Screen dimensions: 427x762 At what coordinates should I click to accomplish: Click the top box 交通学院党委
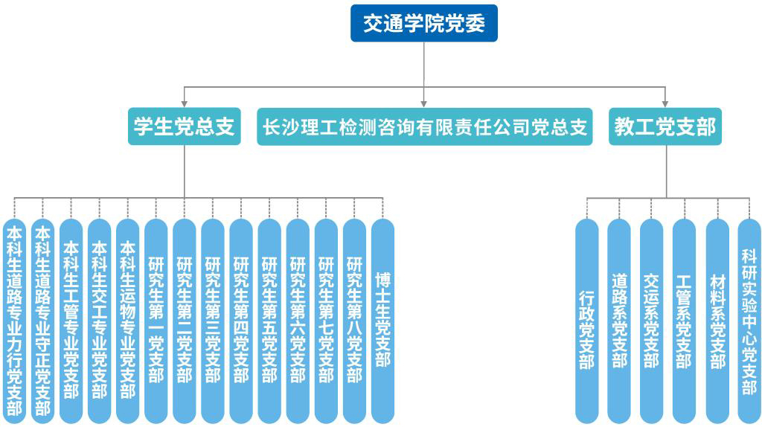click(423, 23)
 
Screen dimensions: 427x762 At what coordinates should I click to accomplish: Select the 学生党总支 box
click(185, 127)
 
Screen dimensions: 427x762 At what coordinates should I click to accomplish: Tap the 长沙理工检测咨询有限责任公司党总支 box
click(425, 127)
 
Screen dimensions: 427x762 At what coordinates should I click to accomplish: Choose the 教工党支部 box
click(665, 127)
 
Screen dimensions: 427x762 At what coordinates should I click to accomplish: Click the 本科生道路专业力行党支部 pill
click(14, 321)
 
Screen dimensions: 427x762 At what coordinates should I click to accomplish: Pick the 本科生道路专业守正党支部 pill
click(42, 321)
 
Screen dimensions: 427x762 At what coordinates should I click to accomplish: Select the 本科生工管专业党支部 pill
click(71, 321)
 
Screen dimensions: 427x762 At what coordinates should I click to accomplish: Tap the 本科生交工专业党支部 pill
click(99, 321)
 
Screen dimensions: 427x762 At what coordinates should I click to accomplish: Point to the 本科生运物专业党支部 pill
click(127, 321)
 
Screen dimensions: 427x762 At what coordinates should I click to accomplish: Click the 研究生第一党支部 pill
click(156, 321)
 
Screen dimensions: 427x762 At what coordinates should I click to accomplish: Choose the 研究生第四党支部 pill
click(241, 321)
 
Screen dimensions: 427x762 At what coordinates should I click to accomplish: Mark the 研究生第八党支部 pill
click(354, 321)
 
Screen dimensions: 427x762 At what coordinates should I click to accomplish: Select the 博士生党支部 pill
click(382, 321)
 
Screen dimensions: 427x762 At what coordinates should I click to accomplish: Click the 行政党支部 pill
click(586, 321)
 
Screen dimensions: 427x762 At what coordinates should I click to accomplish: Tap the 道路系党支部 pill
click(619, 321)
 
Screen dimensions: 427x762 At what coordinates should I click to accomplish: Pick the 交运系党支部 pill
click(651, 321)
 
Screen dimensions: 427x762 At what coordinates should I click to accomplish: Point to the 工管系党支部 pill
click(684, 321)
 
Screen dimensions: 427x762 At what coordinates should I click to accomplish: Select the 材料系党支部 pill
click(717, 321)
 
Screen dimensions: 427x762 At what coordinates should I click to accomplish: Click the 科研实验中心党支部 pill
click(749, 321)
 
